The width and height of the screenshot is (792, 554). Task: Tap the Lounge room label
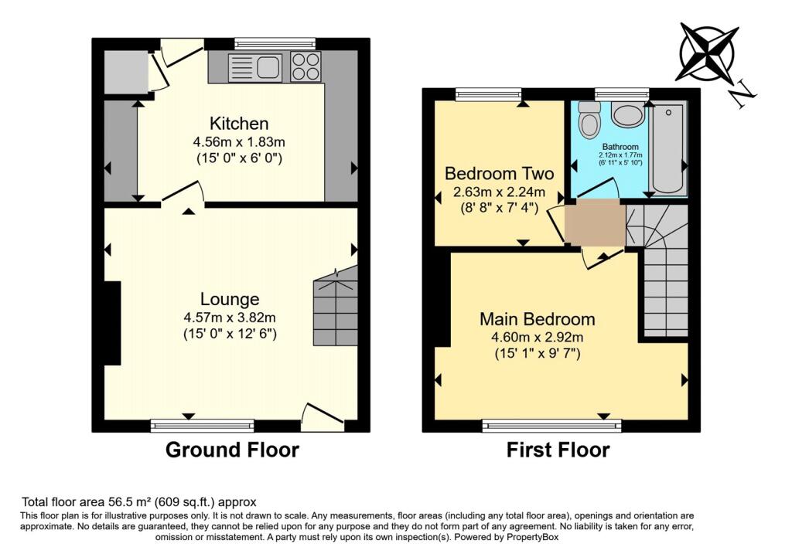click(x=230, y=299)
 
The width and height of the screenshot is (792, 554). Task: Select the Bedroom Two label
click(x=499, y=174)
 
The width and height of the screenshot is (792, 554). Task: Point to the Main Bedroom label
click(x=537, y=319)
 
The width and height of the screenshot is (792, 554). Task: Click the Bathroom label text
click(x=620, y=147)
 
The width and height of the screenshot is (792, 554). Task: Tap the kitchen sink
click(x=255, y=68)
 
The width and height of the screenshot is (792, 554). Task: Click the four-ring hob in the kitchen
click(x=306, y=66)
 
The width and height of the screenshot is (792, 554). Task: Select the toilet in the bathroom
click(x=588, y=120)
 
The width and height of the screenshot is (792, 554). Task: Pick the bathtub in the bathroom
click(x=668, y=148)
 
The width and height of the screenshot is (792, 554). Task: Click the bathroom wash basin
click(x=627, y=114)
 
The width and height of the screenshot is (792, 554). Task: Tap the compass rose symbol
click(x=707, y=52)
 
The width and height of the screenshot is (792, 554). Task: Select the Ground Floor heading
click(x=232, y=450)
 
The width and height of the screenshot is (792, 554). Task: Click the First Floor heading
click(x=558, y=450)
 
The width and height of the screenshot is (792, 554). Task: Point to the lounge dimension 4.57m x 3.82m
click(x=230, y=318)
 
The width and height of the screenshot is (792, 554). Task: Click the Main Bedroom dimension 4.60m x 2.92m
click(x=538, y=338)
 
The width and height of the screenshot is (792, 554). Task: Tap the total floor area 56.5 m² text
click(x=139, y=502)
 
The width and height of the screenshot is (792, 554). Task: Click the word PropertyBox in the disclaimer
click(x=533, y=537)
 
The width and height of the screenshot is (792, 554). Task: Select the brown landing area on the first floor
click(x=595, y=222)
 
